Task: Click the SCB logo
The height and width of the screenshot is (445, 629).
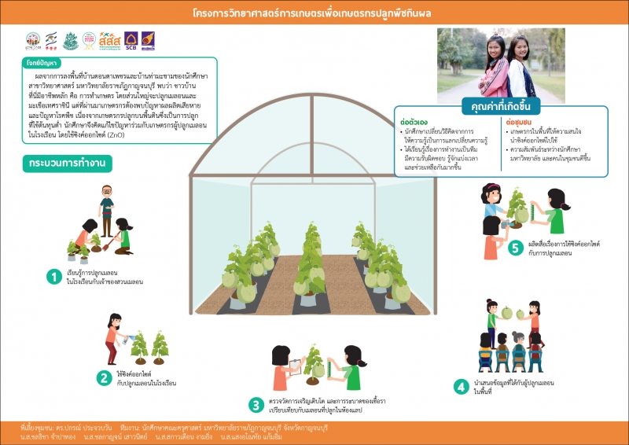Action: click(131, 41)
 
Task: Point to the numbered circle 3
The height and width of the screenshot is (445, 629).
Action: click(256, 405)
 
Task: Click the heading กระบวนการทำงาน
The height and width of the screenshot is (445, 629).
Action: click(67, 164)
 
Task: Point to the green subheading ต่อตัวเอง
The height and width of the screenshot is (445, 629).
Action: click(414, 122)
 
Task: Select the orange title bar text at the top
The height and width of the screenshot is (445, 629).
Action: click(314, 14)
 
